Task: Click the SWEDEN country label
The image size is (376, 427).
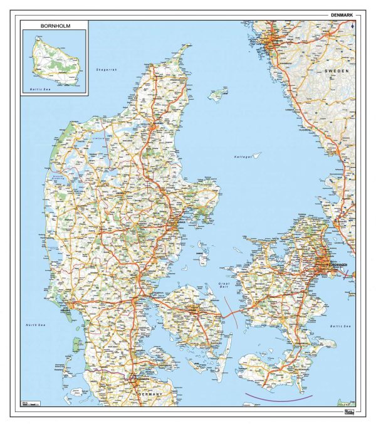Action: (x=337, y=72)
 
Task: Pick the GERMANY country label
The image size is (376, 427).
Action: (x=147, y=393)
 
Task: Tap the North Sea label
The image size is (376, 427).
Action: (x=36, y=325)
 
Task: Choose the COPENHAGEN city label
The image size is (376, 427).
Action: (x=336, y=265)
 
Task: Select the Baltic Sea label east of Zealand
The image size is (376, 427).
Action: (x=341, y=327)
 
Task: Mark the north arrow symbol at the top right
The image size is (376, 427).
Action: (x=354, y=26)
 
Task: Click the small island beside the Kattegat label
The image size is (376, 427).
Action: (x=256, y=154)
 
